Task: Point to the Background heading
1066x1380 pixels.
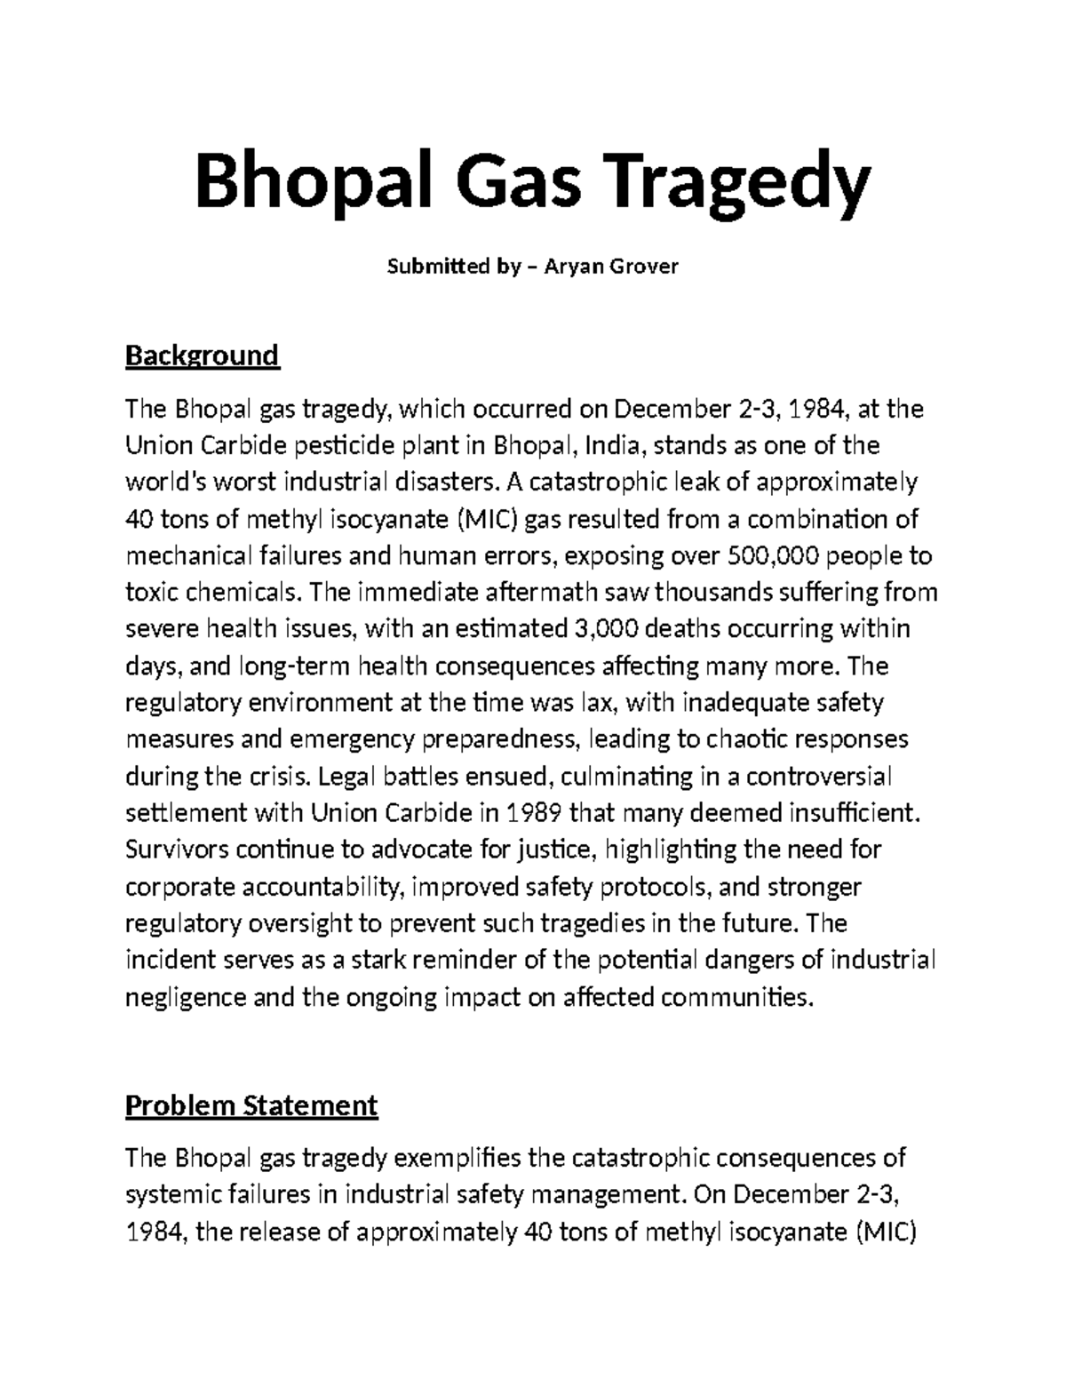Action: coord(202,355)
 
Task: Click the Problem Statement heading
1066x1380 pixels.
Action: coord(251,1105)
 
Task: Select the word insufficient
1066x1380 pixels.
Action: coord(854,812)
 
